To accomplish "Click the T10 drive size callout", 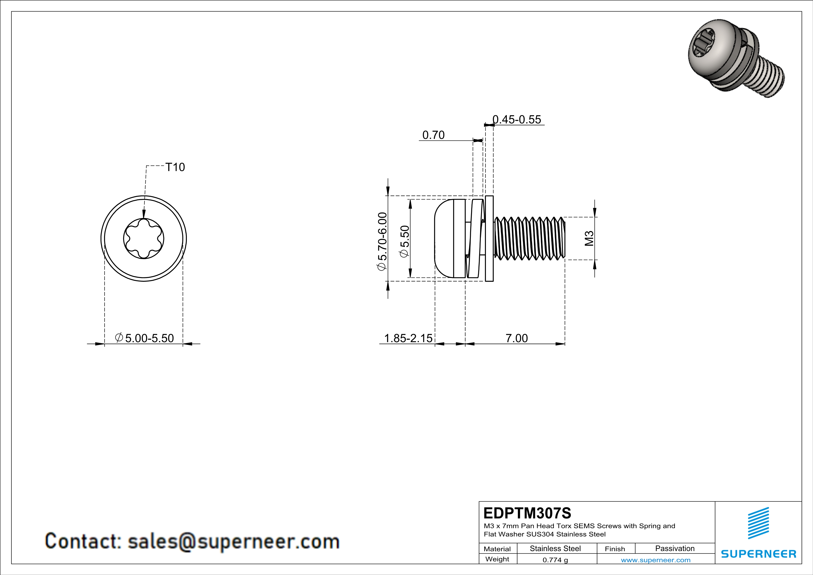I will point(175,167).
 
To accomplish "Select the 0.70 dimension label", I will point(434,135).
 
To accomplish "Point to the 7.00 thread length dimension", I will point(517,338).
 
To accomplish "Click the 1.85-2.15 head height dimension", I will point(408,338).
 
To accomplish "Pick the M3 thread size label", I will point(589,238).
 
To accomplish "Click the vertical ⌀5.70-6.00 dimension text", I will point(383,241).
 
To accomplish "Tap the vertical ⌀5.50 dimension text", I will point(404,241).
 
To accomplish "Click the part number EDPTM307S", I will point(527,513).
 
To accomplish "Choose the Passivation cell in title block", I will point(675,548).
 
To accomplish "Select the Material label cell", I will point(497,549).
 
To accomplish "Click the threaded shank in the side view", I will point(529,238).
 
